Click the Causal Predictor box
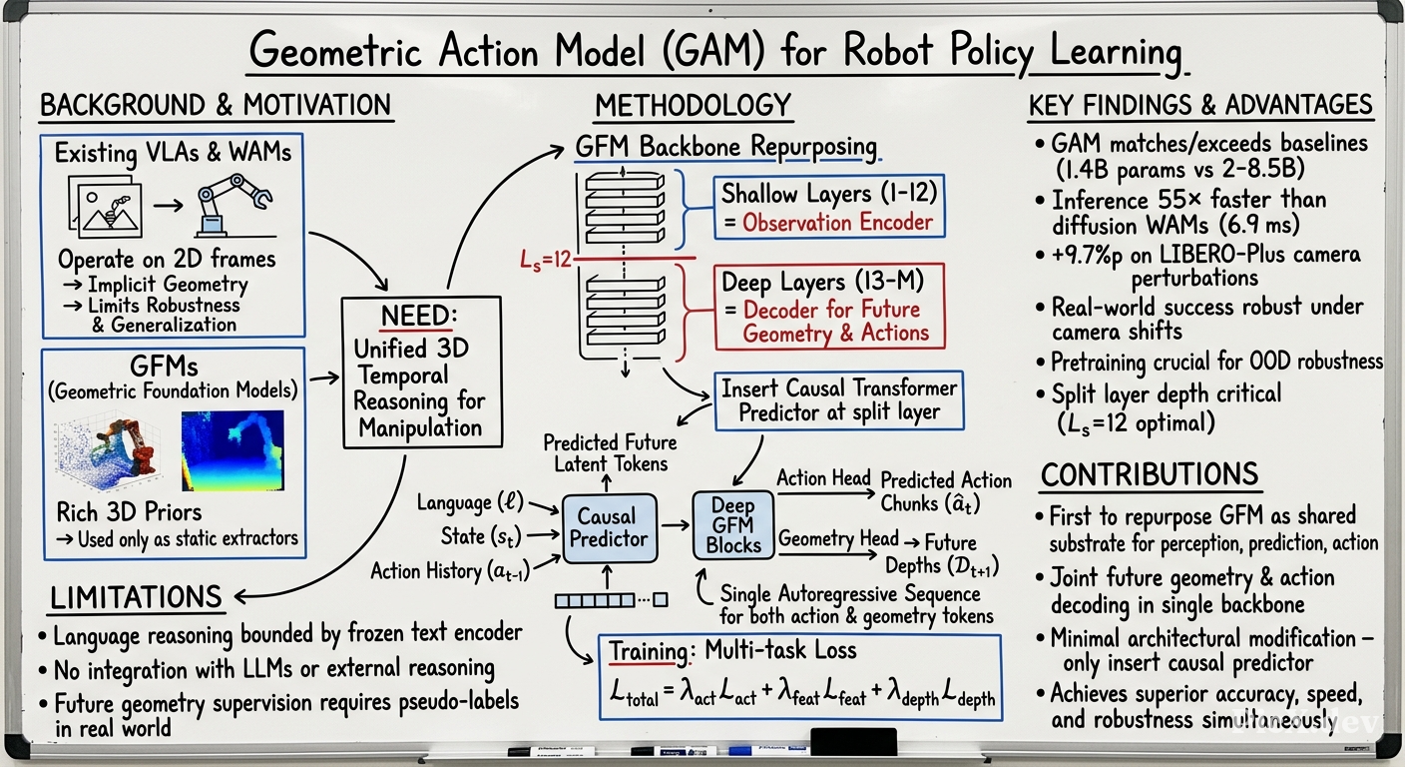click(x=610, y=528)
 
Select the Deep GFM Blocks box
click(x=732, y=525)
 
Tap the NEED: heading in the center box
click(x=418, y=316)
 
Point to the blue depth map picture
click(x=233, y=450)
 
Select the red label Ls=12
click(x=545, y=260)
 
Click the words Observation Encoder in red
click(x=837, y=222)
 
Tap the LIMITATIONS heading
click(x=136, y=597)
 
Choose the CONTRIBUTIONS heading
click(x=1150, y=474)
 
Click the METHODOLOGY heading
click(x=694, y=106)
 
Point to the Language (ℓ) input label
click(x=470, y=502)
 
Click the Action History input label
click(x=450, y=571)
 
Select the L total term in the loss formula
click(x=635, y=693)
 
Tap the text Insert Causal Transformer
click(x=839, y=388)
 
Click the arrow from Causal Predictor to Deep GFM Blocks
click(x=675, y=524)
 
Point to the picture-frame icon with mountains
click(x=106, y=206)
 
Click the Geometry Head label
click(x=838, y=538)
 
